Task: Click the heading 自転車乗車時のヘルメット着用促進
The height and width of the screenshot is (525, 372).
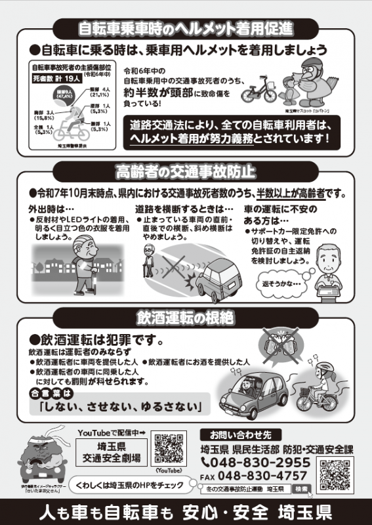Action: tap(186, 28)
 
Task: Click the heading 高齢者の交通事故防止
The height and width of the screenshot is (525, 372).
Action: tap(186, 172)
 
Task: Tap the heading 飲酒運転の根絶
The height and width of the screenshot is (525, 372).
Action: tap(186, 318)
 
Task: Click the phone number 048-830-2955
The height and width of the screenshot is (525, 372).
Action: tap(258, 462)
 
